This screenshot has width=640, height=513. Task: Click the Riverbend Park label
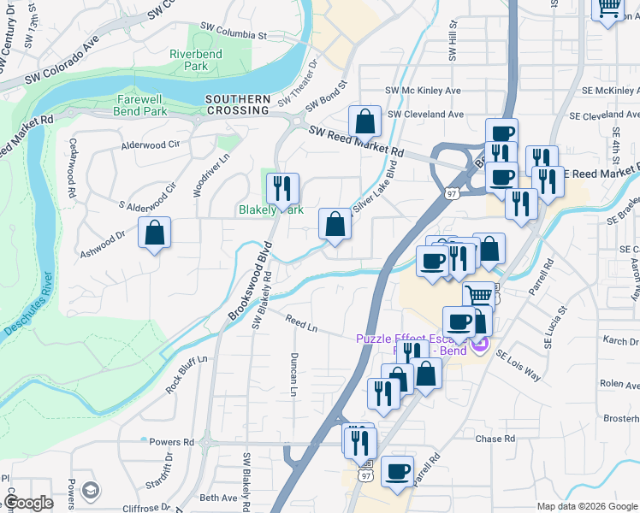pyautogui.click(x=189, y=60)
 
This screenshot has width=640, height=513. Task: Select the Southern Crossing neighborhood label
pyautogui.click(x=238, y=105)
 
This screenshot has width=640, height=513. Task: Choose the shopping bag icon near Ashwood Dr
pyautogui.click(x=154, y=233)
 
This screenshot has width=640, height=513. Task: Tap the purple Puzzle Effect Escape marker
pyautogui.click(x=480, y=346)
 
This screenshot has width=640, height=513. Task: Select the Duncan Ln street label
pyautogui.click(x=293, y=374)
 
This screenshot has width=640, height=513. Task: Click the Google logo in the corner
pyautogui.click(x=28, y=503)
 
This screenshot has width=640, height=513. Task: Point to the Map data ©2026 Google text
pyautogui.click(x=586, y=506)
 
